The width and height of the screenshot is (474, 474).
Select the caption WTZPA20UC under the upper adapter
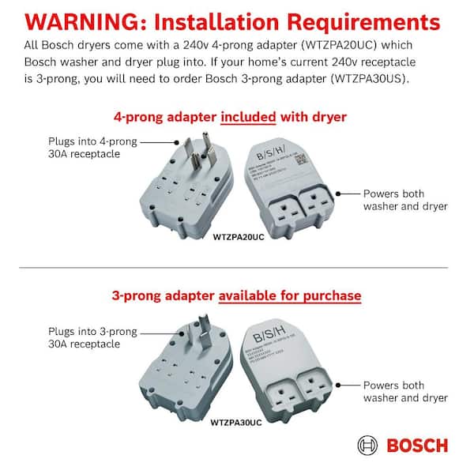click(239, 237)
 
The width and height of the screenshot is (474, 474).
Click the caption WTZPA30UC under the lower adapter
click(237, 422)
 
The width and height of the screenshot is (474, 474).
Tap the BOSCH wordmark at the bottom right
click(417, 445)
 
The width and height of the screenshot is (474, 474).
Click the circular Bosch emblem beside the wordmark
click(368, 445)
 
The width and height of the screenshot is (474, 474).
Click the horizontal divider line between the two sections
click(237, 268)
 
